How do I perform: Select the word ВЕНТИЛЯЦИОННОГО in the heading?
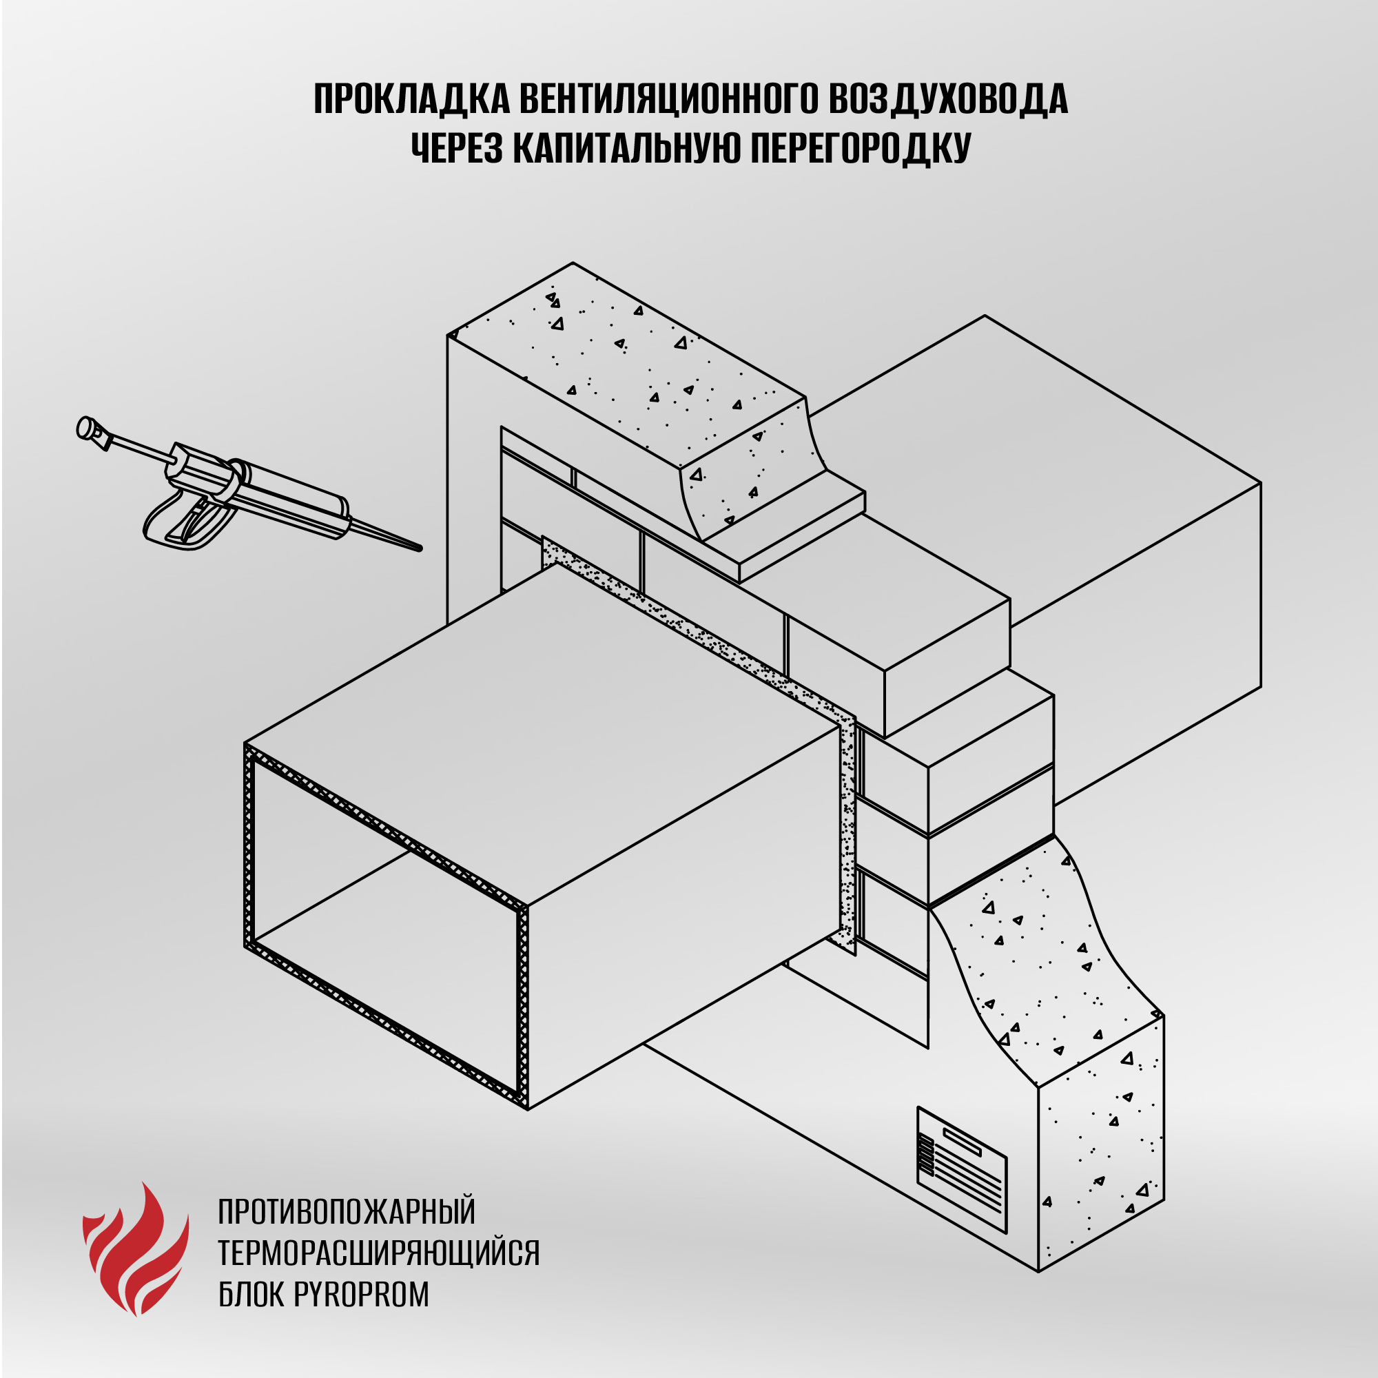pyautogui.click(x=668, y=99)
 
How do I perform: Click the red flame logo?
pyautogui.click(x=136, y=1248)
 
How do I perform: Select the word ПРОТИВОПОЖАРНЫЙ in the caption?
pyautogui.click(x=347, y=1212)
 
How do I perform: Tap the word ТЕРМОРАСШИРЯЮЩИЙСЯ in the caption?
pyautogui.click(x=379, y=1253)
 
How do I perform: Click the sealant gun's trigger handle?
pyautogui.click(x=187, y=521)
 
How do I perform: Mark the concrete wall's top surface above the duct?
pyautogui.click(x=628, y=364)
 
